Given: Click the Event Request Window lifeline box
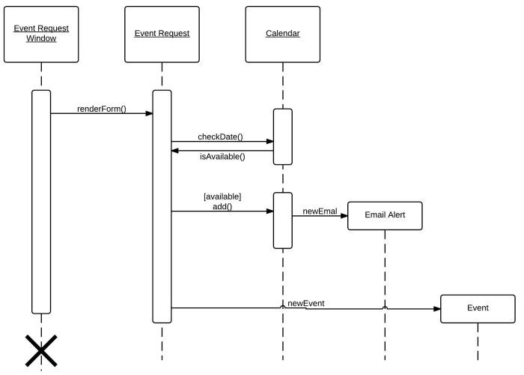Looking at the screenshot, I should click(x=41, y=35).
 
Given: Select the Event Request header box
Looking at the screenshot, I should click(x=162, y=35).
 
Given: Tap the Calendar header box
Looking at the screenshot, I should click(x=282, y=35).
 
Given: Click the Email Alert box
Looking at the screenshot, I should click(x=385, y=215).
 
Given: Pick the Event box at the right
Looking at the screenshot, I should click(x=478, y=308).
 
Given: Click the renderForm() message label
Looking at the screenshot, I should click(x=101, y=109).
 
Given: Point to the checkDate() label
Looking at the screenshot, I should click(x=220, y=136).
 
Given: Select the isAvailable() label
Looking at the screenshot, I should click(x=222, y=157).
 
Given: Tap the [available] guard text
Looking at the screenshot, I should click(x=222, y=196).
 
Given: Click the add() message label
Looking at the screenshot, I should click(x=222, y=206).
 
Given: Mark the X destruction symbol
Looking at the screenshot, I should click(x=41, y=350).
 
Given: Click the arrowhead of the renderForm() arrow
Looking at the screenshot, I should click(x=149, y=114).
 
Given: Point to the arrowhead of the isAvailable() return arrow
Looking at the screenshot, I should click(x=176, y=150).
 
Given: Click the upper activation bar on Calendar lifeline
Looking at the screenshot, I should click(x=282, y=136).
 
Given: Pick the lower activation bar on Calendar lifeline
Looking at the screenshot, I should click(x=282, y=220).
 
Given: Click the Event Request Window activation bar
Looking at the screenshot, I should click(x=41, y=201).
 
